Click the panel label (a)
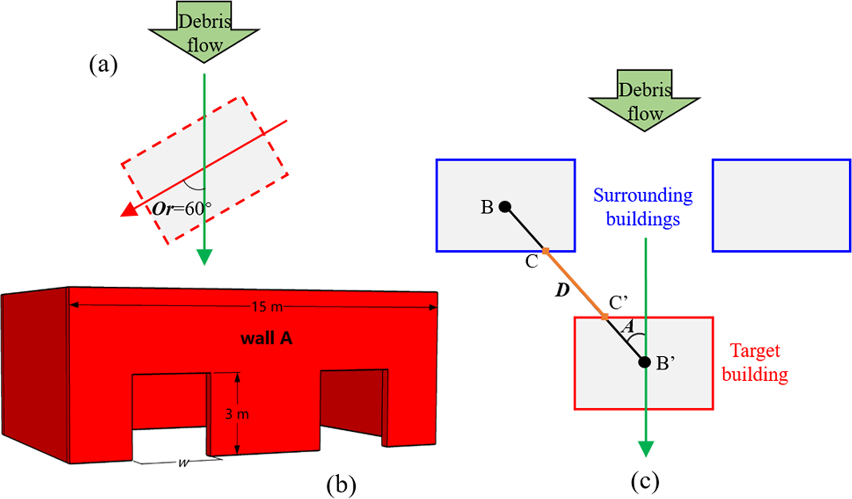pos(103,65)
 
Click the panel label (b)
pos(341,485)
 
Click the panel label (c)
pos(645,481)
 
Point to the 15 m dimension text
pos(267,307)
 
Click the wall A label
pos(266,338)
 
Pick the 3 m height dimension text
pos(237,414)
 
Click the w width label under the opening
pos(183,463)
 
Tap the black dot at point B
pos(506,206)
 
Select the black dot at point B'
pos(644,362)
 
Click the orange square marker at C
pos(546,251)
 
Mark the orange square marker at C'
pos(605,317)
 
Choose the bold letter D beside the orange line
pos(562,290)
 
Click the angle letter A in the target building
pos(629,326)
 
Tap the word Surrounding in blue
pos(643,195)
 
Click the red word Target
pos(755,351)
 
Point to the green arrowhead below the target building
pos(645,449)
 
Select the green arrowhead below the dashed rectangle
pos(204,257)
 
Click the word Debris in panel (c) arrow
pos(645,90)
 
